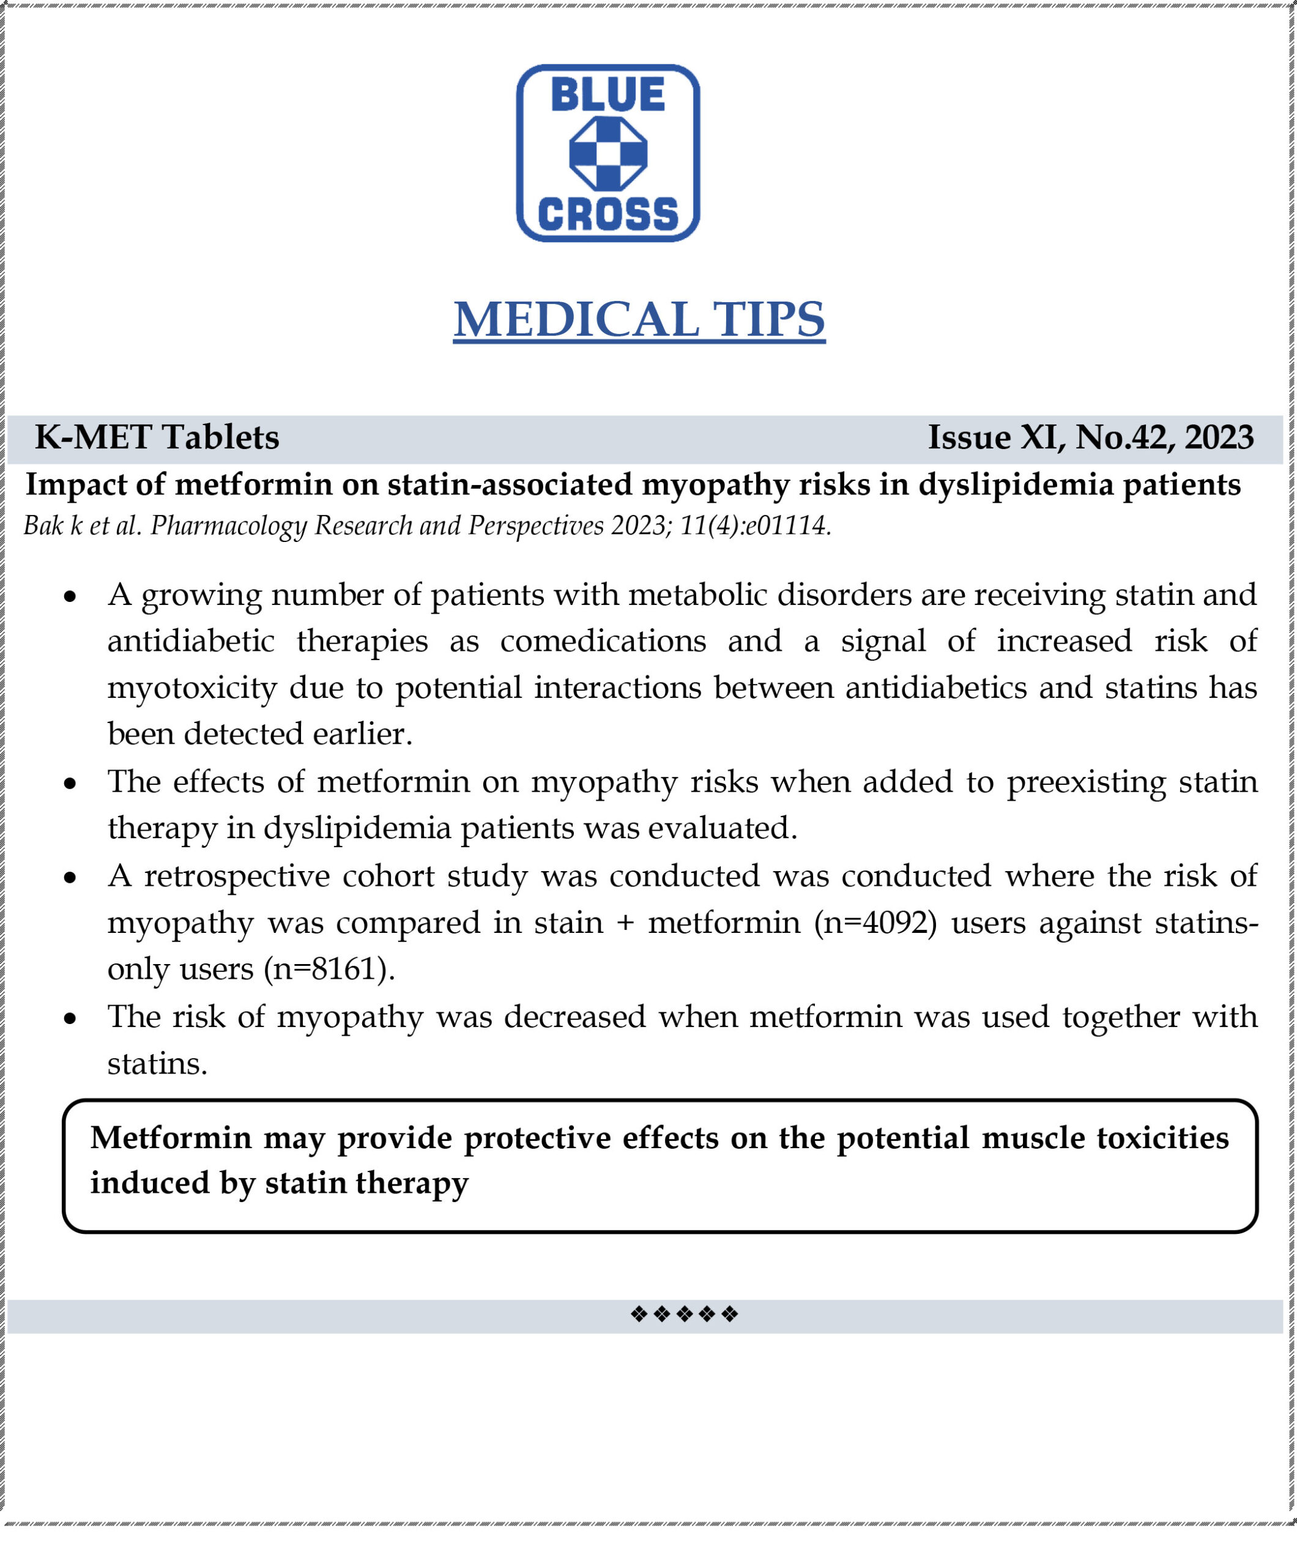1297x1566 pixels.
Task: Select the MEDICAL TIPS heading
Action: click(x=639, y=320)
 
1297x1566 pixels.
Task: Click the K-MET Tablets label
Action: click(x=157, y=438)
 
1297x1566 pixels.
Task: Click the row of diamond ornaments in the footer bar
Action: click(x=684, y=1314)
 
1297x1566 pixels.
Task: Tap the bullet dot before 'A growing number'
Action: click(x=70, y=596)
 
